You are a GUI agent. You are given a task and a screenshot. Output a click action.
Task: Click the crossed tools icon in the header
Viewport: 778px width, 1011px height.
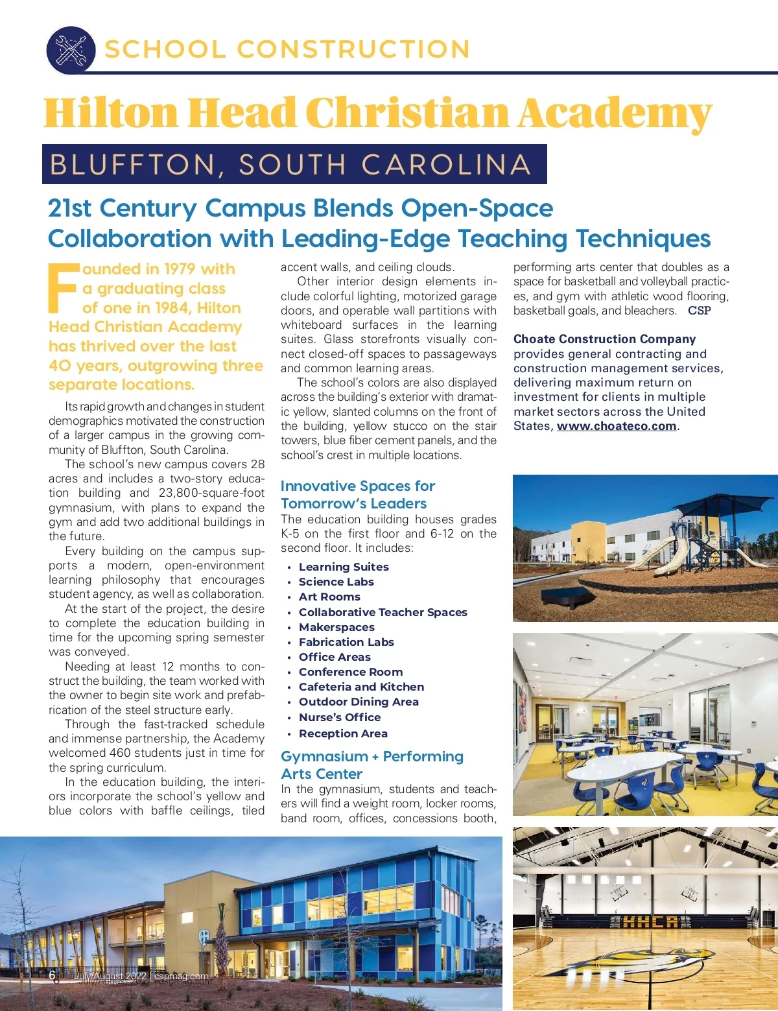click(71, 50)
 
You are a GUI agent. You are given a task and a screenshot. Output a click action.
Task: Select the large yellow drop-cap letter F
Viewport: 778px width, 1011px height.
click(64, 288)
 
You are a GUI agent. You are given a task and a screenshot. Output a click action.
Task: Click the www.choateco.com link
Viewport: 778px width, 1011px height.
click(616, 426)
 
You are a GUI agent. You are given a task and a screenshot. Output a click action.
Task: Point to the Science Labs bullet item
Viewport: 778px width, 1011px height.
click(336, 582)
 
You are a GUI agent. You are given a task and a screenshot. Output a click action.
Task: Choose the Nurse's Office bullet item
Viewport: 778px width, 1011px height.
click(339, 717)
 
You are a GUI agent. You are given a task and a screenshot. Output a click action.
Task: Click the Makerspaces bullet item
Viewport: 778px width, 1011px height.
click(336, 627)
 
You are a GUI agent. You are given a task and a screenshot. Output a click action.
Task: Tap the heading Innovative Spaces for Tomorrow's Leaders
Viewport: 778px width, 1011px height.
click(357, 494)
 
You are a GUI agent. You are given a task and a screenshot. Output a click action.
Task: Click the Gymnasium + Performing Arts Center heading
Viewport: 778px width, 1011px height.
click(371, 765)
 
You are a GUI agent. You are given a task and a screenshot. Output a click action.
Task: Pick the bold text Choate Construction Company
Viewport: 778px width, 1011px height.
click(604, 339)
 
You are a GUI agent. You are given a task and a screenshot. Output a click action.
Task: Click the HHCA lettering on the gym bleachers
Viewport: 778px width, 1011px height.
click(650, 922)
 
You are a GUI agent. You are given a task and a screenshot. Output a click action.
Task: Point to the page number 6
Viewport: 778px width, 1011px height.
click(53, 976)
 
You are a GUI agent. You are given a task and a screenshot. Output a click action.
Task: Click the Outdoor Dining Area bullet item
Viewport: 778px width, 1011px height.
click(358, 702)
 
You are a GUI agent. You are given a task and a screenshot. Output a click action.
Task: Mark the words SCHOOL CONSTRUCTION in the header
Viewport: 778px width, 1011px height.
click(287, 49)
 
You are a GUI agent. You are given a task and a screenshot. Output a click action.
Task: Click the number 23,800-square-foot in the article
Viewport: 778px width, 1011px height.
click(211, 493)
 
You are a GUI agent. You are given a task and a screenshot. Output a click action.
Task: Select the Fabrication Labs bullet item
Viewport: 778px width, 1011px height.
click(346, 642)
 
